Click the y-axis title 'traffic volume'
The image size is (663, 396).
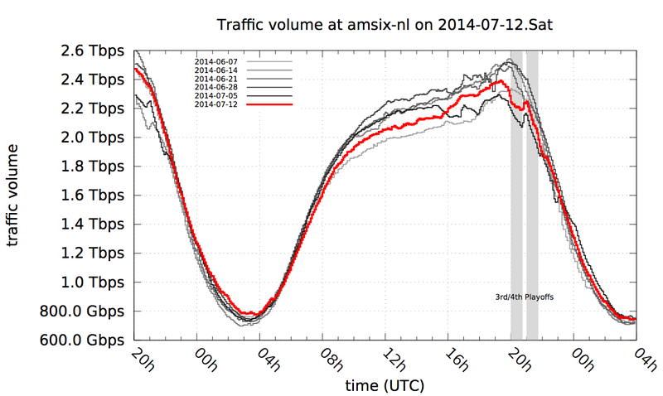(x=15, y=195)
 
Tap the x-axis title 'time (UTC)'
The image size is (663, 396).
(x=380, y=386)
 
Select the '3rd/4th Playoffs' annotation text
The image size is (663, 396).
(x=524, y=296)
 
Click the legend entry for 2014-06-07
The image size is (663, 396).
(x=215, y=62)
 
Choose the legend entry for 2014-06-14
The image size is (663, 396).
(x=215, y=70)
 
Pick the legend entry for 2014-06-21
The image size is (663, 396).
(x=215, y=79)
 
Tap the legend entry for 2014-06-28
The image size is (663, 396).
(x=215, y=87)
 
